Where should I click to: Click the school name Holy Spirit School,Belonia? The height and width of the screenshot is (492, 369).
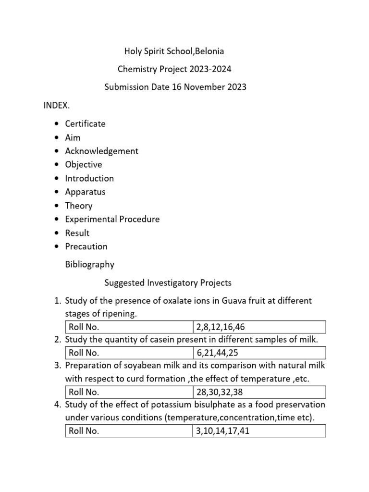(174, 51)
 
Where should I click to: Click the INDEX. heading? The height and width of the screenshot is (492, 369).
(57, 105)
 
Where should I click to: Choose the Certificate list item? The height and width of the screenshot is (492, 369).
(85, 123)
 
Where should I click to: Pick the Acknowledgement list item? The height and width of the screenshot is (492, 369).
(101, 151)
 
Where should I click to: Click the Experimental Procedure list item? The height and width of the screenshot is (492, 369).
(112, 219)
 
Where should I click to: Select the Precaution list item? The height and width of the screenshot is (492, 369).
(86, 246)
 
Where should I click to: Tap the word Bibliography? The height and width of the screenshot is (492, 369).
(89, 264)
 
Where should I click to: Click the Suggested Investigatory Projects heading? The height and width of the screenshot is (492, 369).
(168, 283)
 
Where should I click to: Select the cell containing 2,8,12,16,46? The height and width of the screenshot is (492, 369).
(259, 327)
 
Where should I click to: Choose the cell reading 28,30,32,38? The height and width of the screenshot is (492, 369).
(259, 392)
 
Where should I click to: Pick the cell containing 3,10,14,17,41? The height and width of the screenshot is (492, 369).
(259, 431)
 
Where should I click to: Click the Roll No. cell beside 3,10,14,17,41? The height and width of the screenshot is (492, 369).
(129, 431)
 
